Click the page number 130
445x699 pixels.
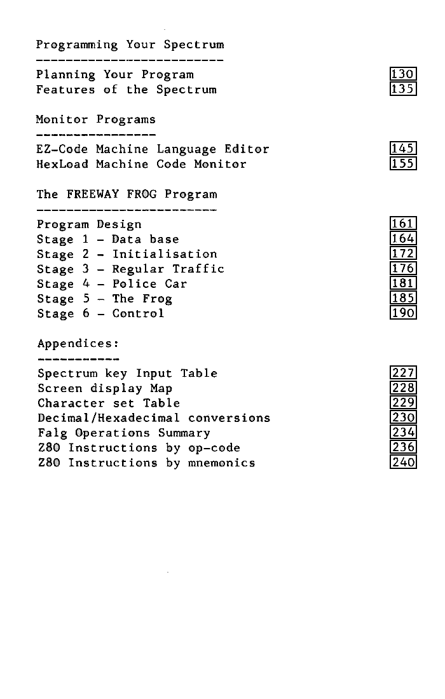point(403,75)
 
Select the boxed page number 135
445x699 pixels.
point(403,90)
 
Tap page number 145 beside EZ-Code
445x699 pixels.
point(403,149)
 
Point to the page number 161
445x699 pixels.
point(403,224)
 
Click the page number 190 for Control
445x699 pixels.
point(403,313)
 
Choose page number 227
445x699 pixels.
point(403,373)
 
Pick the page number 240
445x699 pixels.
point(403,463)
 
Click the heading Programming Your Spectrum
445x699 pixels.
point(130,45)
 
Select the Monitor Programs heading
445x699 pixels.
point(95,119)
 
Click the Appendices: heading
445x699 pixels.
point(78,344)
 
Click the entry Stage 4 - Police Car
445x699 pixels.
point(112,284)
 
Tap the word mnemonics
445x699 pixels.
point(221,463)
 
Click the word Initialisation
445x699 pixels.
point(165,254)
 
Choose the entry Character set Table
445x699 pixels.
point(109,404)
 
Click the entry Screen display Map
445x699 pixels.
point(105,388)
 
